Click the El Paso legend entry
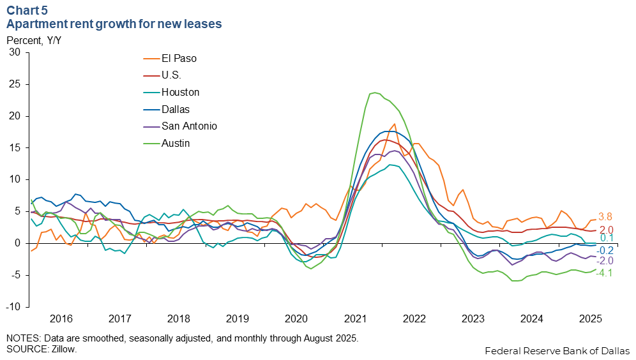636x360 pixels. coord(178,58)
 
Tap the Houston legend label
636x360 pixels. coord(180,92)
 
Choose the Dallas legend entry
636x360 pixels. coord(175,109)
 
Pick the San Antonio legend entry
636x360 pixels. coord(189,126)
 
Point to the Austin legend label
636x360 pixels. coord(176,143)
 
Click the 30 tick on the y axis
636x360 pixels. coord(14,52)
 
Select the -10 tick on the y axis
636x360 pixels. coord(12,306)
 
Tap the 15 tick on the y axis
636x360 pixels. coord(14,147)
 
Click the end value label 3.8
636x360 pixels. coord(606,216)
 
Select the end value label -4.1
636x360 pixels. coord(604,273)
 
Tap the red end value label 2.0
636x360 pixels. coord(606,230)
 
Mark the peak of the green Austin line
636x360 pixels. coord(374,93)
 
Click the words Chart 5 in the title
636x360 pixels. coord(26,11)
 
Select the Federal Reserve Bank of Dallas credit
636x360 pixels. coord(557,350)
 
